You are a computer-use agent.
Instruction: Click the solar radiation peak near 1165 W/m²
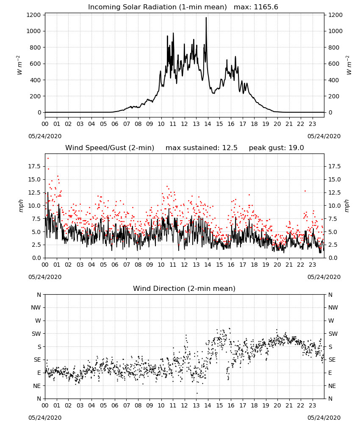click(x=206, y=18)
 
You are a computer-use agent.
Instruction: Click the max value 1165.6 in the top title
click(x=265, y=7)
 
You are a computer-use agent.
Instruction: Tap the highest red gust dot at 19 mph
click(x=48, y=159)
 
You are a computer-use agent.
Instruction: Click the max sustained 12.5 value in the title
click(x=230, y=148)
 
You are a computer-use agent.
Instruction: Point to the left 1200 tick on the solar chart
click(x=34, y=15)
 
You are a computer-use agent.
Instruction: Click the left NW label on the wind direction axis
click(x=36, y=307)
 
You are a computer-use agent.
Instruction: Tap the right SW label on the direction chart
click(x=333, y=334)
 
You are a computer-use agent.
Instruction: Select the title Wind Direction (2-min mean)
click(x=184, y=288)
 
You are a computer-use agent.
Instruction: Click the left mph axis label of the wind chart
click(x=21, y=206)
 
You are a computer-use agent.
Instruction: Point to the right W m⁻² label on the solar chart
click(x=348, y=65)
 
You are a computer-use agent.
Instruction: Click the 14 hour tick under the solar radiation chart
click(x=208, y=124)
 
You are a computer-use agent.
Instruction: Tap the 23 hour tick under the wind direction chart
click(x=312, y=405)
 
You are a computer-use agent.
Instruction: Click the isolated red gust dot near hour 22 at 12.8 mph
click(x=305, y=191)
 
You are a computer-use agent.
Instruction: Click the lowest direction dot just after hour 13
click(x=197, y=393)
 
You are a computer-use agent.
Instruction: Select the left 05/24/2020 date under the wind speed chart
click(x=45, y=277)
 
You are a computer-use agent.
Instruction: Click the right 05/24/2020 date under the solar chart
click(x=324, y=136)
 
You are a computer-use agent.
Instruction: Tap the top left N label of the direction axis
click(x=39, y=295)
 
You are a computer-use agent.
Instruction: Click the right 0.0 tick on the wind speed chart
click(x=332, y=258)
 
